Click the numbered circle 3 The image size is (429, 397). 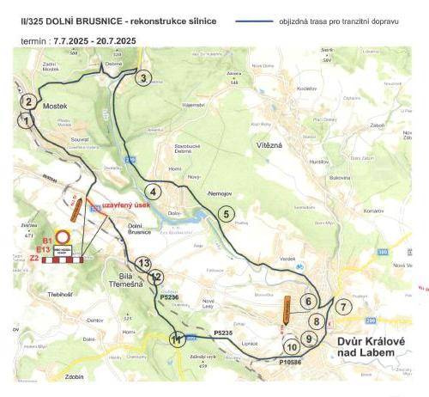(144, 79)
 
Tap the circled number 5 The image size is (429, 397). (227, 214)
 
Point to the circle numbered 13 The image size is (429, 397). (144, 264)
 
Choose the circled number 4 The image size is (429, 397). (153, 191)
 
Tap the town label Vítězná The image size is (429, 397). (270, 145)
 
